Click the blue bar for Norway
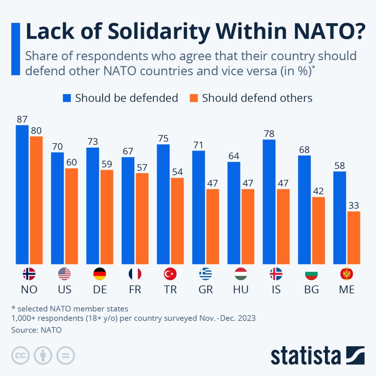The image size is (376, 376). click(x=22, y=195)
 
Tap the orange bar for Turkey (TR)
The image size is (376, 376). click(x=177, y=221)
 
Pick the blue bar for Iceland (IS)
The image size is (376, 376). click(x=269, y=202)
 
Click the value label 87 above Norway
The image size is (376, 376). click(x=22, y=119)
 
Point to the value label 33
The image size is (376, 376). click(x=354, y=205)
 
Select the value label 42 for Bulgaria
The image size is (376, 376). click(x=318, y=191)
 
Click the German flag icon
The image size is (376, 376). click(x=100, y=274)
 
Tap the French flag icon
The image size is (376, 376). click(x=135, y=274)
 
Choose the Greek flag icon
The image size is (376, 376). click(x=205, y=274)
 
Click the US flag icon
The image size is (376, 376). click(x=64, y=274)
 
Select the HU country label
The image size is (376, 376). click(x=241, y=289)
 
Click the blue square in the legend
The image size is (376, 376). click(x=66, y=98)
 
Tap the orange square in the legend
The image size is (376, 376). click(x=194, y=98)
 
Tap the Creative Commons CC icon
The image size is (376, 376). click(x=21, y=355)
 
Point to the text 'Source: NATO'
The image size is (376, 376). click(x=36, y=330)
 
